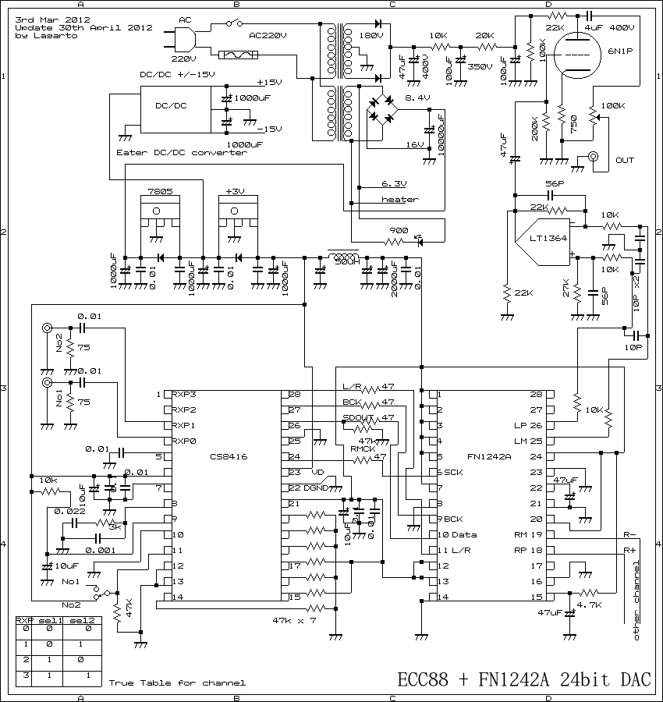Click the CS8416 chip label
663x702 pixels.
click(229, 457)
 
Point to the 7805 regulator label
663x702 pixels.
click(159, 191)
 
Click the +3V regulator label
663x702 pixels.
click(235, 191)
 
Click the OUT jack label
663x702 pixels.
click(625, 160)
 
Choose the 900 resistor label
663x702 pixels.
click(398, 231)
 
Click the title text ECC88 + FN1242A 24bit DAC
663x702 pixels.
click(524, 679)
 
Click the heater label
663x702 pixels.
click(399, 200)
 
